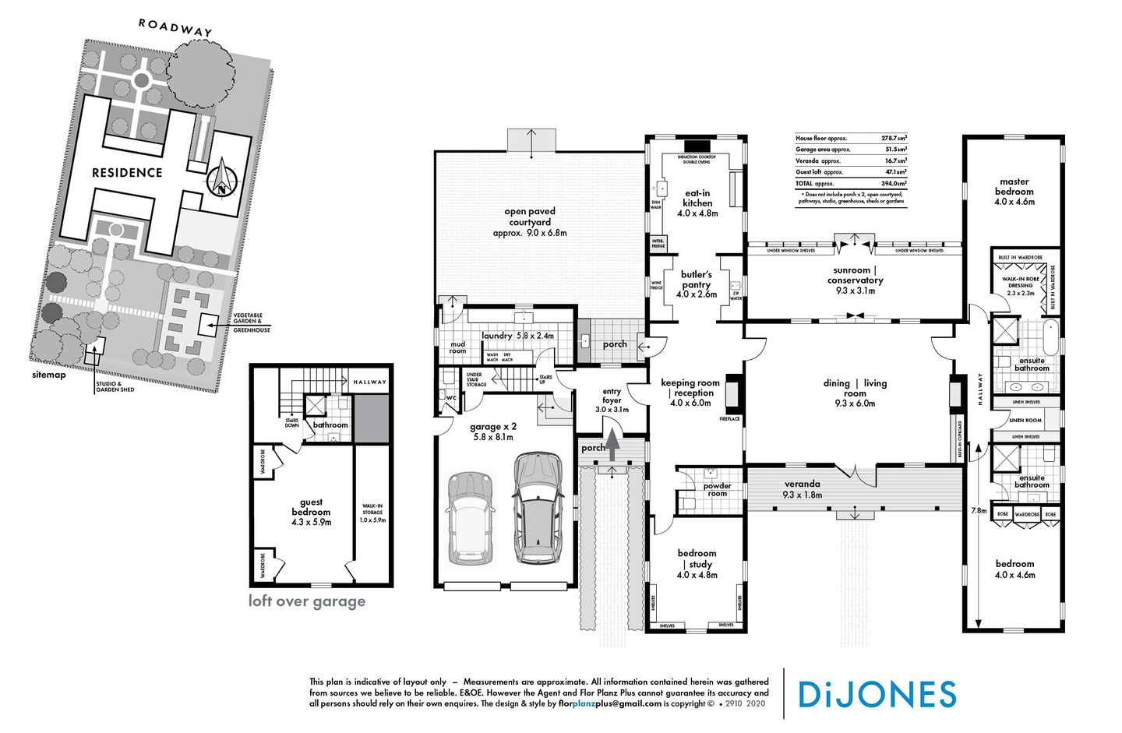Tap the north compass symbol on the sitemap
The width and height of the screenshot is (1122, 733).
(222, 178)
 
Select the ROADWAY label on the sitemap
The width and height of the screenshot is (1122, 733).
(175, 27)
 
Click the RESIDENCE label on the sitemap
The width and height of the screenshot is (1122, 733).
(127, 173)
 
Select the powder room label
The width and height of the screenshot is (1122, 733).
(717, 489)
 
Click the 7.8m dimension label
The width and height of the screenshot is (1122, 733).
(979, 511)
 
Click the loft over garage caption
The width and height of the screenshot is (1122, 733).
(306, 601)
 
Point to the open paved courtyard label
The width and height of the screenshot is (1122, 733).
(529, 221)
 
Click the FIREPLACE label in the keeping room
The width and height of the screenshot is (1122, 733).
(730, 419)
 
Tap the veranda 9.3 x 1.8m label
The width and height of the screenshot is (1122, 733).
(803, 488)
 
